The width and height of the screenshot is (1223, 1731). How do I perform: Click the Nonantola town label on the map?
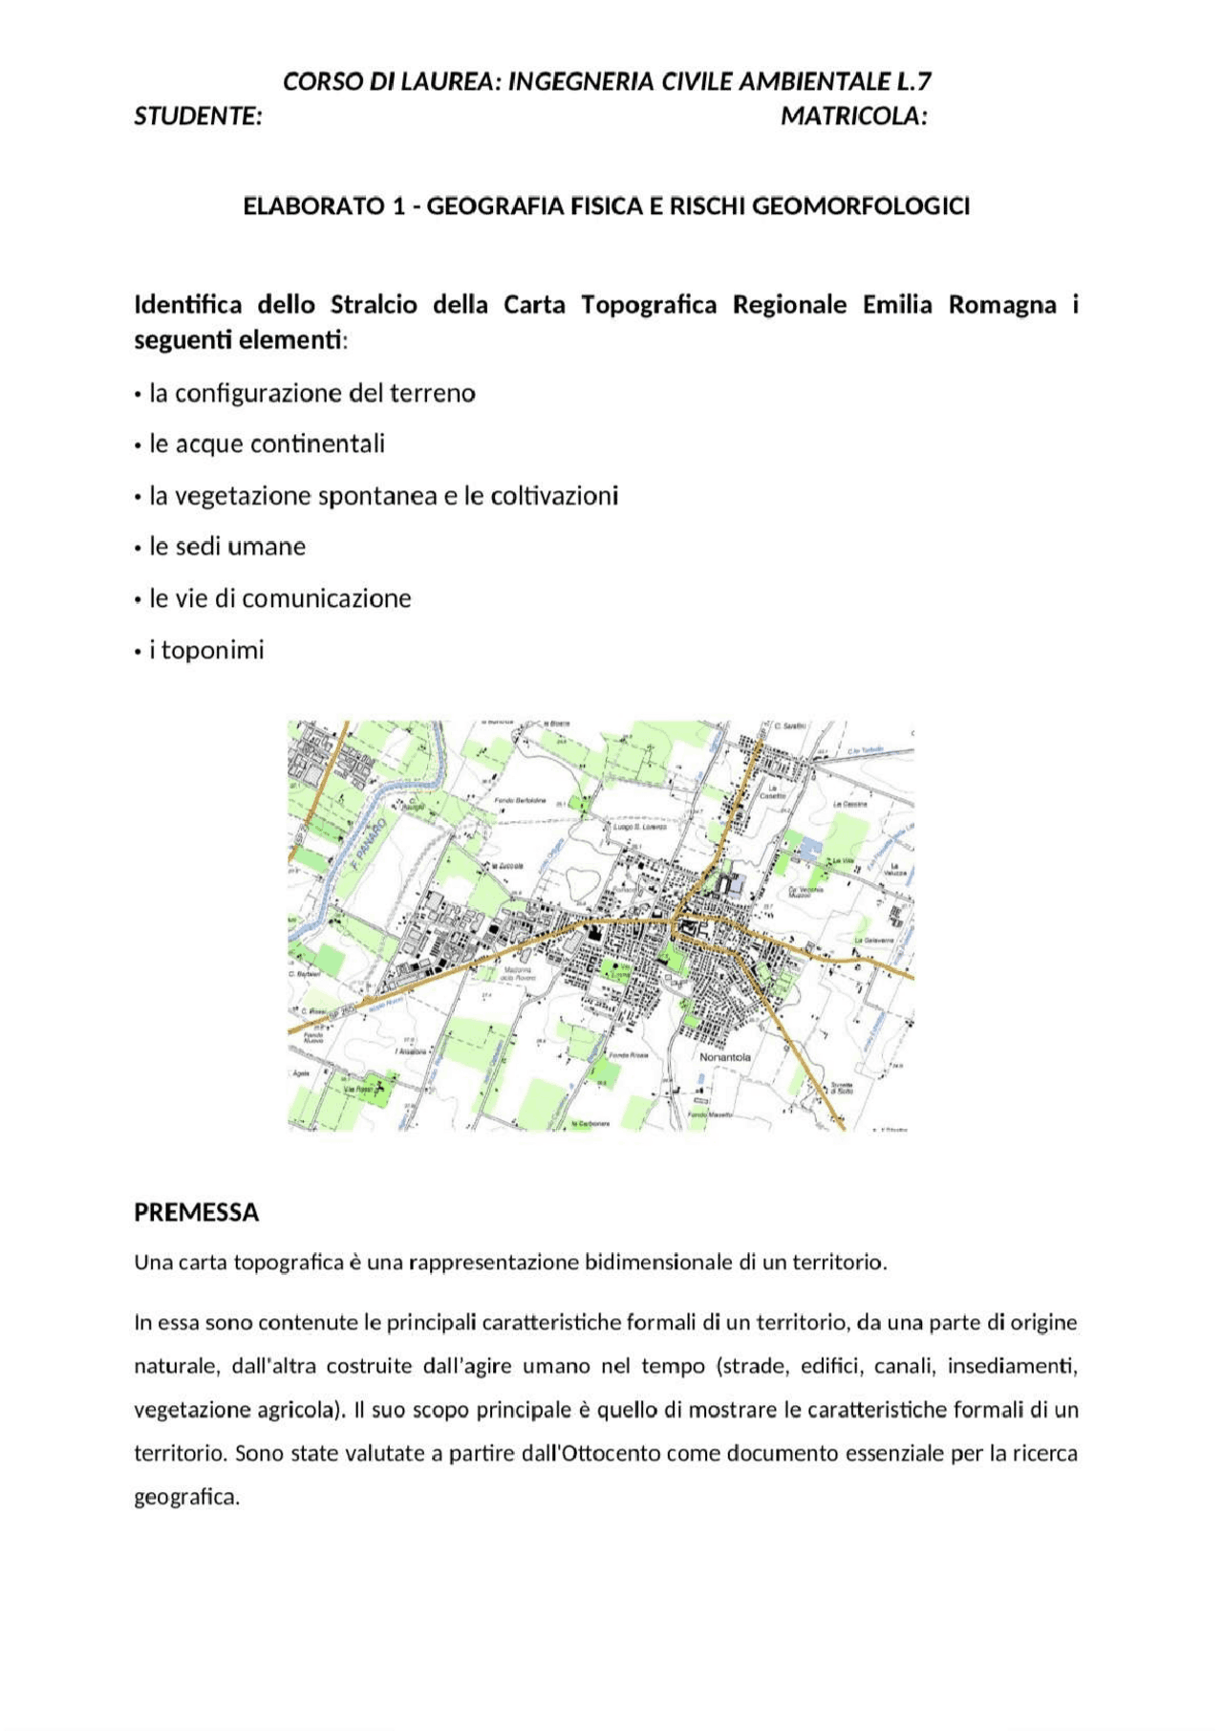[x=725, y=1057]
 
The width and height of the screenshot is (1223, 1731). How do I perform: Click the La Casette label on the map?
[x=772, y=791]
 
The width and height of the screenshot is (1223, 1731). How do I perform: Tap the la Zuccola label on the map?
[x=506, y=865]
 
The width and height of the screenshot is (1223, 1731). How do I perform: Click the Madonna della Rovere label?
[x=518, y=974]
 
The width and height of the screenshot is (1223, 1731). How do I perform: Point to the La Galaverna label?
[x=873, y=941]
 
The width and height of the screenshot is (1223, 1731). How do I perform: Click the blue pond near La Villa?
[x=810, y=847]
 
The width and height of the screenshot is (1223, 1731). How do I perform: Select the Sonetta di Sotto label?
[x=841, y=1088]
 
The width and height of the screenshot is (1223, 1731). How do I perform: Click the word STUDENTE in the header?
[x=198, y=117]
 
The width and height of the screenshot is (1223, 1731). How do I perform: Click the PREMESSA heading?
[x=196, y=1212]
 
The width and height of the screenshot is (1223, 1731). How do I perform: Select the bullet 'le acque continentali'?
[x=267, y=444]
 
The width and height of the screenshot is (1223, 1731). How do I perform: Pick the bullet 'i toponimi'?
[x=206, y=650]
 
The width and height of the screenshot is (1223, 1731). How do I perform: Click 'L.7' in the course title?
[x=913, y=81]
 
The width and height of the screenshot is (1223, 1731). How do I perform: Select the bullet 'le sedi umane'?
[x=227, y=547]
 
